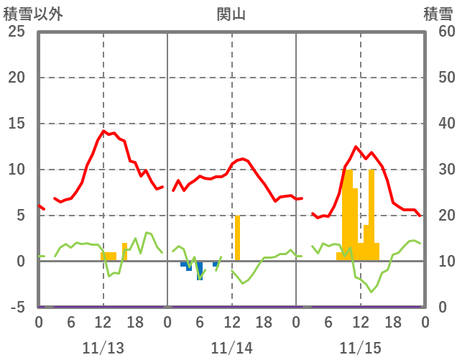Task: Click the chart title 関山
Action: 231,14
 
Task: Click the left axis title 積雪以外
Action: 32,14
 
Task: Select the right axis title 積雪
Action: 438,14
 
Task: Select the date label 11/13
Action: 103,348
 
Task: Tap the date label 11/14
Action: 232,348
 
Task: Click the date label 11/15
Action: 361,348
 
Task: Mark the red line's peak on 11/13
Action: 103,131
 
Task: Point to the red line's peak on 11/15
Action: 356,147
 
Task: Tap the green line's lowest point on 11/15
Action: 371,292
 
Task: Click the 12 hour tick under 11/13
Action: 103,323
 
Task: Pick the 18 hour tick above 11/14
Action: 264,323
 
